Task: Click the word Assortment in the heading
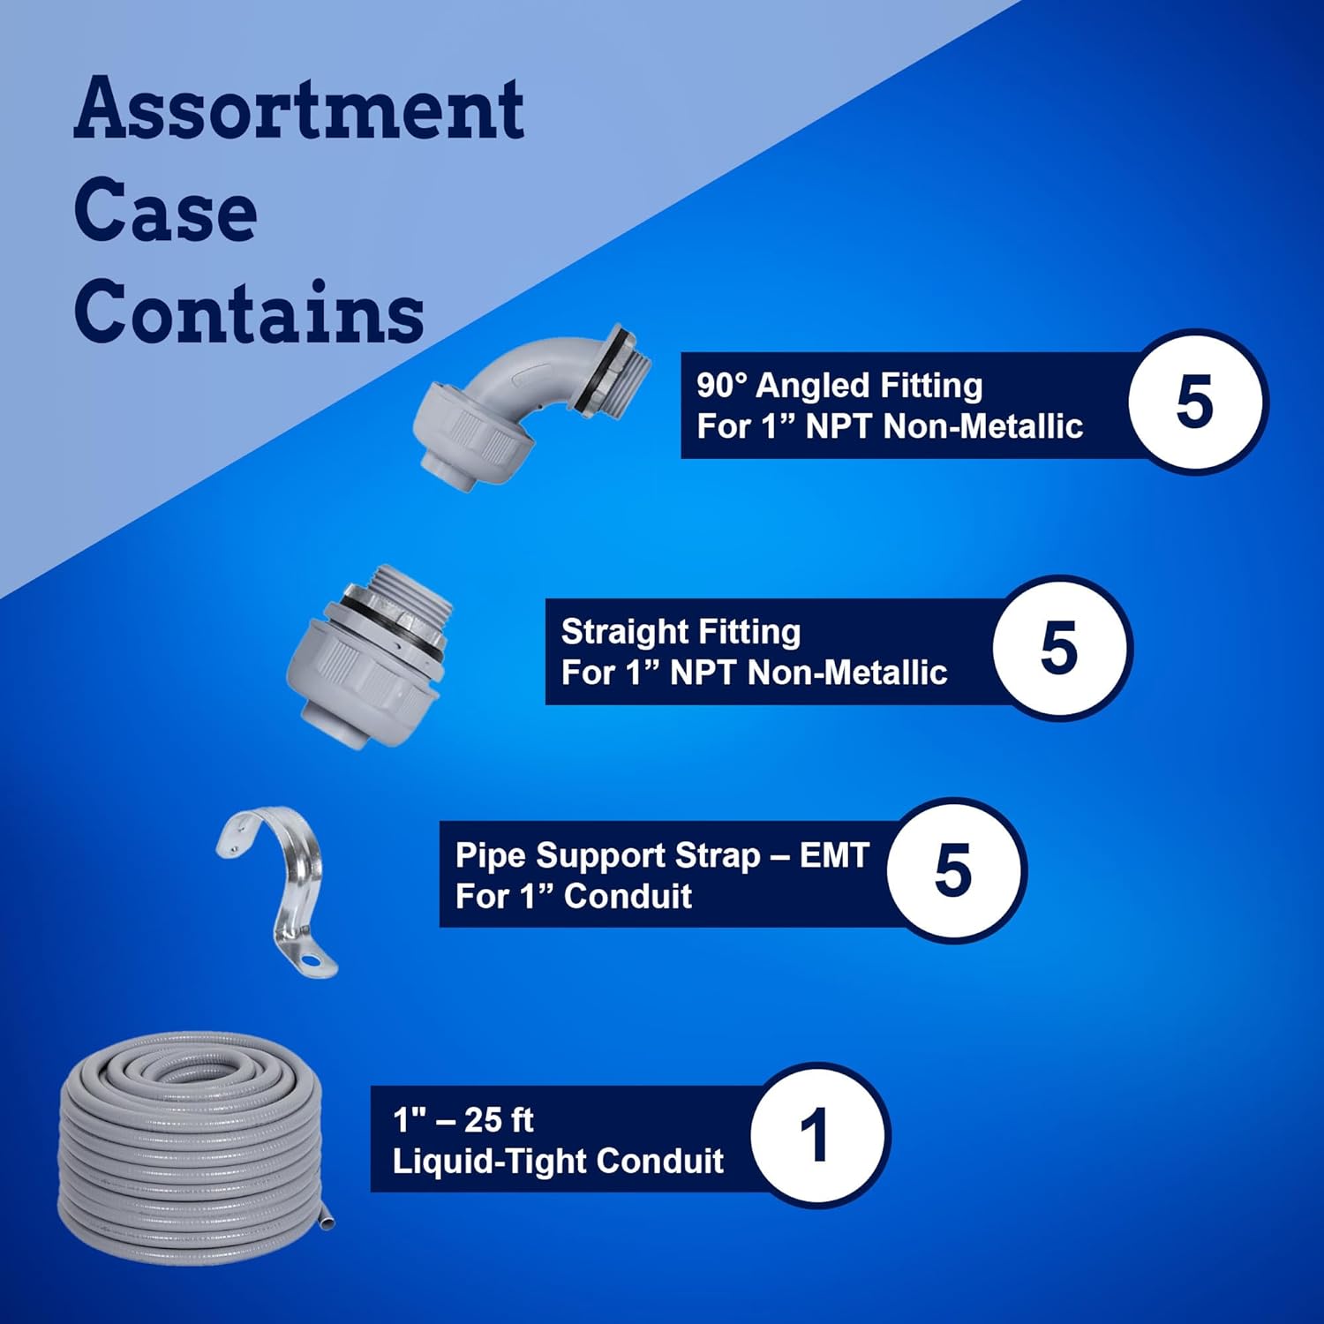point(298,109)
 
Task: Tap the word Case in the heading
point(165,212)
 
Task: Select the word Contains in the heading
point(249,313)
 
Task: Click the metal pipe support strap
point(277,887)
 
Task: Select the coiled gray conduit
point(190,1147)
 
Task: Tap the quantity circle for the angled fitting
point(1195,402)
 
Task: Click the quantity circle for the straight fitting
point(1059,647)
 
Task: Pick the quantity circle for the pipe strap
point(953,870)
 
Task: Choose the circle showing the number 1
point(816,1135)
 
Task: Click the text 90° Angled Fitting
point(839,386)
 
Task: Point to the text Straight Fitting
point(681,632)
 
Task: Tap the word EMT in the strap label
point(834,855)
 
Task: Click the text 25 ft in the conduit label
point(499,1120)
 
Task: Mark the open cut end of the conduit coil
point(327,1223)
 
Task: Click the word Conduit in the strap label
point(628,897)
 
